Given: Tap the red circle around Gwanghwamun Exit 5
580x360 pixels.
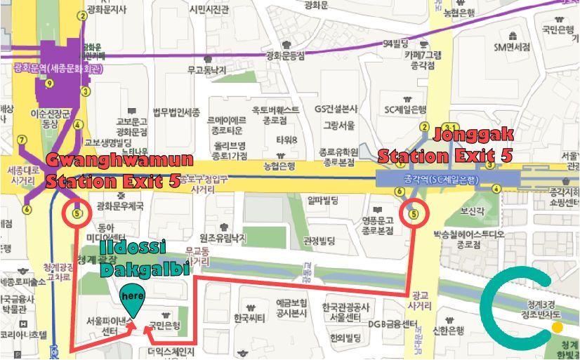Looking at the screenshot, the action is click(77, 213).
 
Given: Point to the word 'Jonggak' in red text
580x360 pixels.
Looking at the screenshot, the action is click(475, 135).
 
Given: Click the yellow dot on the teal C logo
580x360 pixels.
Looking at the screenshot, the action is click(558, 326).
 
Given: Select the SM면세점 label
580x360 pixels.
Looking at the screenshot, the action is click(513, 48).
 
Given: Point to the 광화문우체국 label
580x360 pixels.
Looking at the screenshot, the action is click(120, 206).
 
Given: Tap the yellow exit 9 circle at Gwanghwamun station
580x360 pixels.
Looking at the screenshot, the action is click(48, 84).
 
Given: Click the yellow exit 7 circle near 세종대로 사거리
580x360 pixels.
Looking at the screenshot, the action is click(22, 140).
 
